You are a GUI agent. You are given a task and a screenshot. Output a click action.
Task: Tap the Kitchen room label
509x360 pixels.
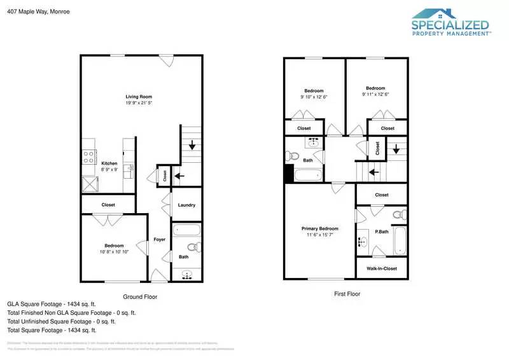tap(109, 163)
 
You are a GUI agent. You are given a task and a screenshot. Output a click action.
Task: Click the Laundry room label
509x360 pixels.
tap(186, 205)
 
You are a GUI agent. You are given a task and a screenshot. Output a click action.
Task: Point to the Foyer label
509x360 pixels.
tap(159, 239)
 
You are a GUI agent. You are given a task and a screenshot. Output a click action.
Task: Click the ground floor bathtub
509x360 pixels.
tap(186, 231)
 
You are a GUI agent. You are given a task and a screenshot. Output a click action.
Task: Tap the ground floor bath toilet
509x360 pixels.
tap(193, 247)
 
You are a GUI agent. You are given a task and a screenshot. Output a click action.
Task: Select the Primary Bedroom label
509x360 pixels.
tap(319, 228)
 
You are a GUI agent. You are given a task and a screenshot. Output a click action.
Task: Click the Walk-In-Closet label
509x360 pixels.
tap(382, 268)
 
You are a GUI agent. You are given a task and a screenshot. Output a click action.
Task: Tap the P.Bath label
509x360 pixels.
tap(382, 232)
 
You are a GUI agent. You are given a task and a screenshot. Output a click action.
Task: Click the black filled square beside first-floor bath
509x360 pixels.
tap(289, 174)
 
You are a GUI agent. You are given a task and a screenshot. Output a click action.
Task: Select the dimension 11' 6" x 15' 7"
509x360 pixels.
tap(319, 235)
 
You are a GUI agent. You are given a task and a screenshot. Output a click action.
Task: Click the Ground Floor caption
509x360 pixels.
tap(140, 296)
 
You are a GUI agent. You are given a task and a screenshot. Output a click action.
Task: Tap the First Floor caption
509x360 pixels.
tap(347, 294)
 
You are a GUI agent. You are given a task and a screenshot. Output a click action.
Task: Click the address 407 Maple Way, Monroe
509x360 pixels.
tap(38, 11)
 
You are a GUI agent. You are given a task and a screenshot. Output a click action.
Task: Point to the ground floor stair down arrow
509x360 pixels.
tap(192, 146)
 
